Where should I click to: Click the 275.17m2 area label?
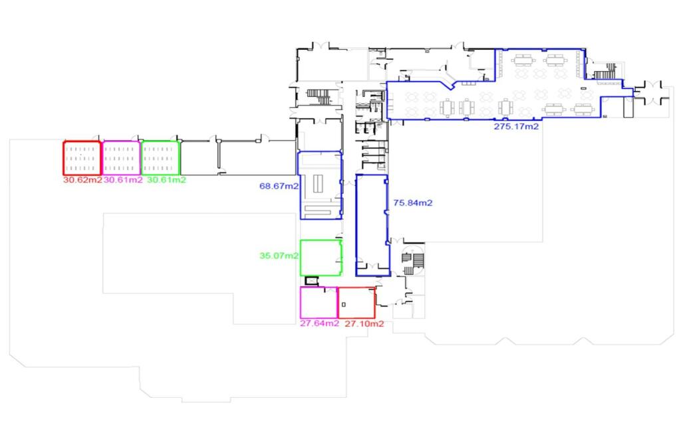(x=516, y=125)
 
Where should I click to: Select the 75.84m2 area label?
(x=412, y=203)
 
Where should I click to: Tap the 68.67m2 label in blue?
(x=278, y=187)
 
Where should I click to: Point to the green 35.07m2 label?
(x=278, y=254)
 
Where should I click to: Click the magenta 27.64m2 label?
(x=319, y=323)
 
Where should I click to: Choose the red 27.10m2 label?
(x=364, y=323)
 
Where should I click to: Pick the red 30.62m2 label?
(x=82, y=180)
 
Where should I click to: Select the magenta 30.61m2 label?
(x=122, y=180)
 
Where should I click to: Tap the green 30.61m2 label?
(x=166, y=180)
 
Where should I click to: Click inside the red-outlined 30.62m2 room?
(x=82, y=159)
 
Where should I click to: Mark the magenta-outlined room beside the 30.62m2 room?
(x=121, y=159)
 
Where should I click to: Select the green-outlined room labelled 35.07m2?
(x=321, y=258)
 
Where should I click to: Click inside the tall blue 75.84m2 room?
(x=372, y=226)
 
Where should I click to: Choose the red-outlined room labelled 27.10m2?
(x=357, y=302)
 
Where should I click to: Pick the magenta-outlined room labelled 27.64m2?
(x=319, y=302)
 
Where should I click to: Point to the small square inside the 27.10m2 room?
(x=343, y=304)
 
